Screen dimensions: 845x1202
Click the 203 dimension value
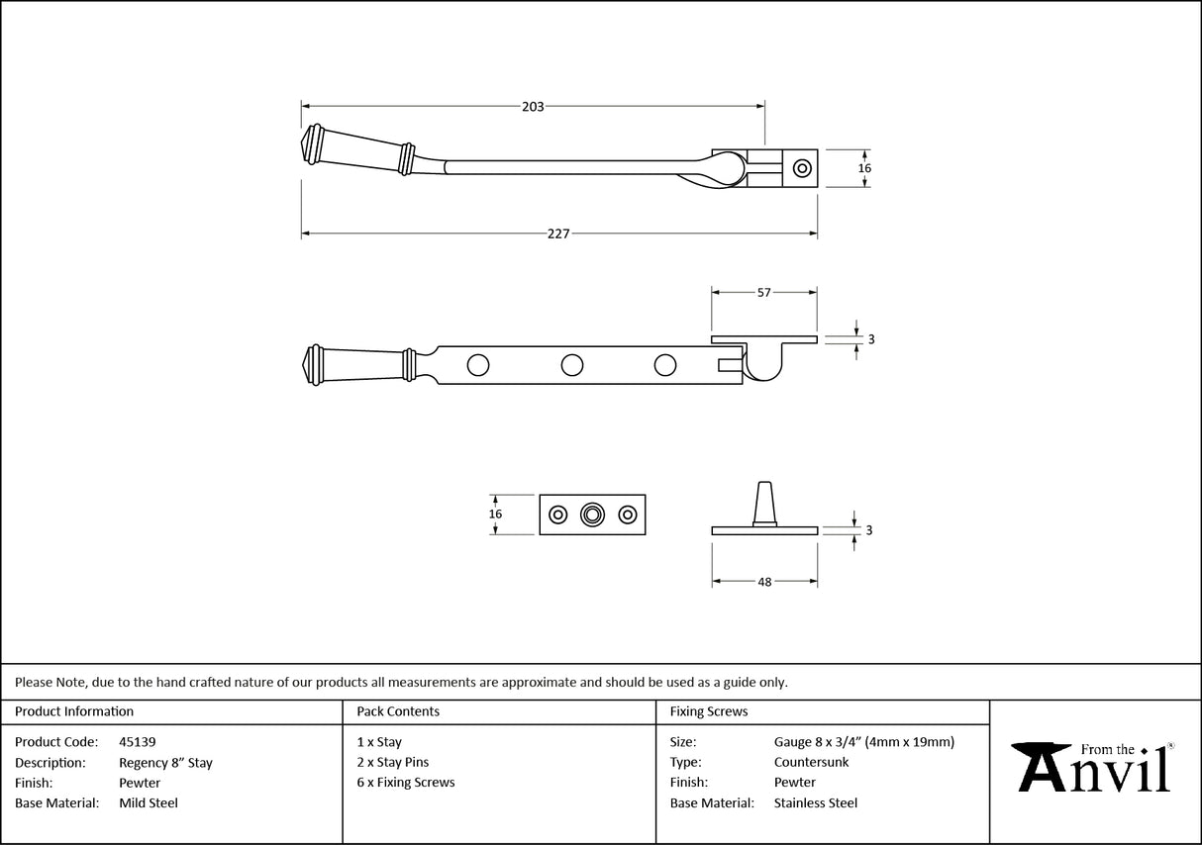tap(533, 107)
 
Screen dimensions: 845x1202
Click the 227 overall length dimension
tap(558, 235)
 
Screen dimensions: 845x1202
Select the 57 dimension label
tap(763, 293)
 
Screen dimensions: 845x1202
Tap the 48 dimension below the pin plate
tap(764, 583)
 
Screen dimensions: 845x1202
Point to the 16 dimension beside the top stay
tap(864, 169)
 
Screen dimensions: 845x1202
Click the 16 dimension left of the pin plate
tap(496, 515)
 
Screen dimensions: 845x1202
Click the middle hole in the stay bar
tap(571, 365)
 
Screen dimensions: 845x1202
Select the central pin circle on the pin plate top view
tap(592, 515)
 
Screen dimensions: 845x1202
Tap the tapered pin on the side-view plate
tap(764, 503)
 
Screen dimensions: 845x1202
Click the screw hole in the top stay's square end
tap(802, 168)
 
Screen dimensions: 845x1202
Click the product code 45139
tap(137, 742)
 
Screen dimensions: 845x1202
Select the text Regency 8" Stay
tap(165, 763)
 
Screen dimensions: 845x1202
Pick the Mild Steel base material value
tap(149, 803)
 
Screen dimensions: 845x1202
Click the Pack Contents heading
tap(398, 711)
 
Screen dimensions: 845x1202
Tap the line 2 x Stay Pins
tap(393, 763)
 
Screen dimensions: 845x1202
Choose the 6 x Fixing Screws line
tap(406, 783)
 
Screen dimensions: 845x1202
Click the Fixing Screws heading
tap(709, 711)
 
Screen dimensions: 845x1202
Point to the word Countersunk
tap(811, 763)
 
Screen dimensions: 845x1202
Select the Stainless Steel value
tap(816, 803)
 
